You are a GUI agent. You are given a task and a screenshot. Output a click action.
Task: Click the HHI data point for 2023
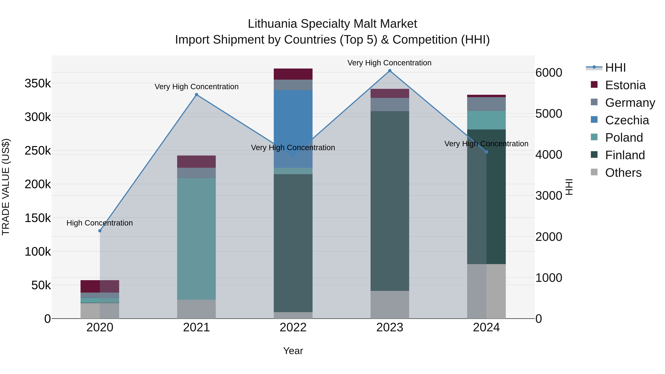(x=390, y=71)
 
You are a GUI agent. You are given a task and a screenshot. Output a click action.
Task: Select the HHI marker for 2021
(x=197, y=95)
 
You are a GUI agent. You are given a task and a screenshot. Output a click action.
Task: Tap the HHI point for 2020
(x=100, y=231)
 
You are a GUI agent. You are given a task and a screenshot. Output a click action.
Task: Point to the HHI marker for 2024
(x=486, y=152)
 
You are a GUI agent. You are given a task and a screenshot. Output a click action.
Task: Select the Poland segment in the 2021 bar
(x=197, y=239)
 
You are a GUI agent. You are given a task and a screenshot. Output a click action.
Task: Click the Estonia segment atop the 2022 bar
(x=293, y=74)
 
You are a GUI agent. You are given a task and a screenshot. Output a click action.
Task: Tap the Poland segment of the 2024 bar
(x=486, y=120)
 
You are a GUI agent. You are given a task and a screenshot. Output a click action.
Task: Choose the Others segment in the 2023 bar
(x=390, y=305)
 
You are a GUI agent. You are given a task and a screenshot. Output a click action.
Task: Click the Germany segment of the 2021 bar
(x=197, y=173)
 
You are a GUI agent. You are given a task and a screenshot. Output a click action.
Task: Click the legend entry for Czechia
(x=627, y=120)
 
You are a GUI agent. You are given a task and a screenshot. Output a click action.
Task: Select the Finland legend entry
(x=625, y=155)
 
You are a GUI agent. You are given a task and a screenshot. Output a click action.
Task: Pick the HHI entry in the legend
(x=615, y=68)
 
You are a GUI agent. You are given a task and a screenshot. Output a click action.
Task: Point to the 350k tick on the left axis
(x=38, y=83)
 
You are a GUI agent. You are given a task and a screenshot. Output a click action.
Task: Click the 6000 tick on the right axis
(x=549, y=73)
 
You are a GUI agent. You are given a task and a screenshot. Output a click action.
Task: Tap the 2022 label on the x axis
(x=293, y=327)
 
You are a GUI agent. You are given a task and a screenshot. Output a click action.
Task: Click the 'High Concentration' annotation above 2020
(x=100, y=223)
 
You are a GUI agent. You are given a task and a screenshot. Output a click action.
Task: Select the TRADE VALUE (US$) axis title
(x=6, y=187)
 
